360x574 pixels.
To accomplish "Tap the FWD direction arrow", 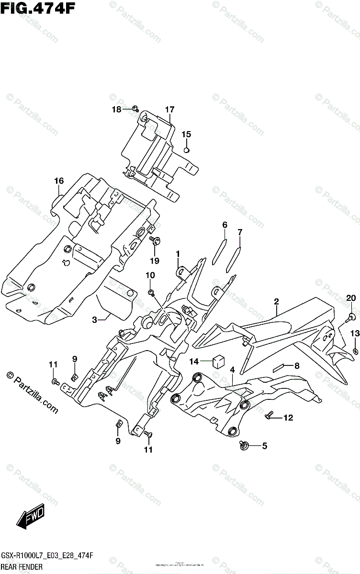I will coord(31,517).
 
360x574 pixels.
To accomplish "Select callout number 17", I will coord(169,110).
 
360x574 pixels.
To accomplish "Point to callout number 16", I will coord(58,181).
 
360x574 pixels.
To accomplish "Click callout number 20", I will coord(351,298).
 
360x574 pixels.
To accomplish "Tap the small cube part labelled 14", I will coord(218,361).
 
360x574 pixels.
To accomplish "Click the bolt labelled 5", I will coord(245,446).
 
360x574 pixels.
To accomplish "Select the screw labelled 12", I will coord(270,417).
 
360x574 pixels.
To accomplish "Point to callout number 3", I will coord(95,320).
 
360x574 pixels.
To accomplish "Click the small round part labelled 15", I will coord(187,150).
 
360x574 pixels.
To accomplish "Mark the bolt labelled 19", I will coord(155,241).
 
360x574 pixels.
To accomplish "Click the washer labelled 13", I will coord(355,352).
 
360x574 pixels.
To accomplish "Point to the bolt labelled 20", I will coord(350,316).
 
